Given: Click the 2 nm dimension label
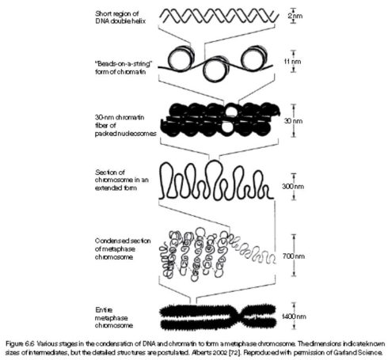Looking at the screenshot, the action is pyautogui.click(x=295, y=16).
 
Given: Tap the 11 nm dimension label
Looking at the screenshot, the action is pyautogui.click(x=292, y=62).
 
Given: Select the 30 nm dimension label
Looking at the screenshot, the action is pyautogui.click(x=293, y=121).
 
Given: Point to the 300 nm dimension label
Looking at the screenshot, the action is pyautogui.click(x=293, y=186).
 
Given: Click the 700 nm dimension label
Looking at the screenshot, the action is pyautogui.click(x=293, y=256).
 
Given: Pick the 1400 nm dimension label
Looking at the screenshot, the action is pyautogui.click(x=294, y=316).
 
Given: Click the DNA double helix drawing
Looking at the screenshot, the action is pyautogui.click(x=219, y=16).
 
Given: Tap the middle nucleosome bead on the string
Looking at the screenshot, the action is pyautogui.click(x=216, y=69).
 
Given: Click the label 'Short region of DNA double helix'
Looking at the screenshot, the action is pyautogui.click(x=120, y=17).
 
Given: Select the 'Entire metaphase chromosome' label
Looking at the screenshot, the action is pyautogui.click(x=114, y=317).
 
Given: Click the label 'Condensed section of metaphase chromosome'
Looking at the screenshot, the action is pyautogui.click(x=123, y=248).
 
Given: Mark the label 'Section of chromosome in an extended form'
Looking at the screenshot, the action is pyautogui.click(x=122, y=180).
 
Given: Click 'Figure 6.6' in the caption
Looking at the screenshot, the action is pyautogui.click(x=20, y=344).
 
